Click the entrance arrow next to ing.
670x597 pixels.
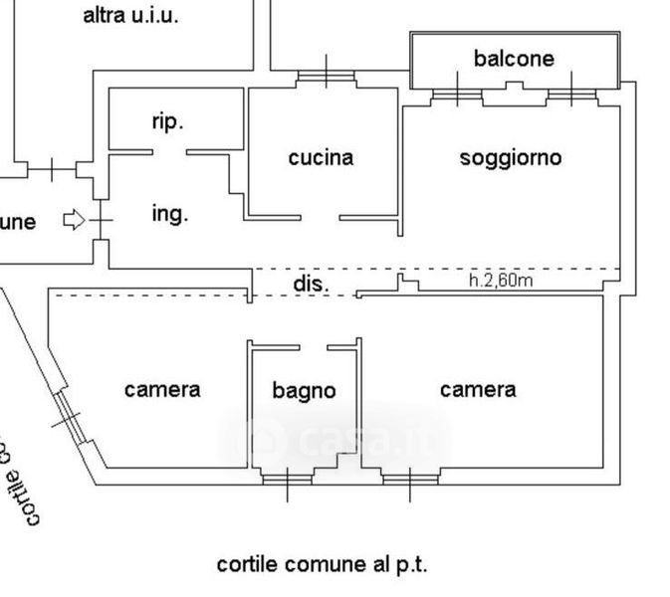(74, 220)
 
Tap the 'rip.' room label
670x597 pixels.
(167, 122)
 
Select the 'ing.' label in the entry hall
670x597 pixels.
(169, 213)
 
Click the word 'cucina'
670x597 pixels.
(321, 157)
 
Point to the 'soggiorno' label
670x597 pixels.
(511, 157)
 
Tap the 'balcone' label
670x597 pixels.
(514, 59)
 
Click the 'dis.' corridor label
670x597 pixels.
(311, 284)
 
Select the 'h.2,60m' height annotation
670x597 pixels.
(501, 281)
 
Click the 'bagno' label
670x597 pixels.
(304, 391)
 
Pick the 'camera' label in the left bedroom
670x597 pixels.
(162, 389)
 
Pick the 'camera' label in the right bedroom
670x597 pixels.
(478, 389)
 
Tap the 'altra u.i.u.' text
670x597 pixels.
(131, 15)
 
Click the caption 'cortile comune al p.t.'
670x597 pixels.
(322, 565)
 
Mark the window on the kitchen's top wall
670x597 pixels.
(326, 75)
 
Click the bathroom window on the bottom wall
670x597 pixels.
(287, 480)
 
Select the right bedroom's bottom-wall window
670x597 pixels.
(409, 480)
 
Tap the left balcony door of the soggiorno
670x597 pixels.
(458, 96)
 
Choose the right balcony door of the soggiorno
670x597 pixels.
(570, 96)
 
